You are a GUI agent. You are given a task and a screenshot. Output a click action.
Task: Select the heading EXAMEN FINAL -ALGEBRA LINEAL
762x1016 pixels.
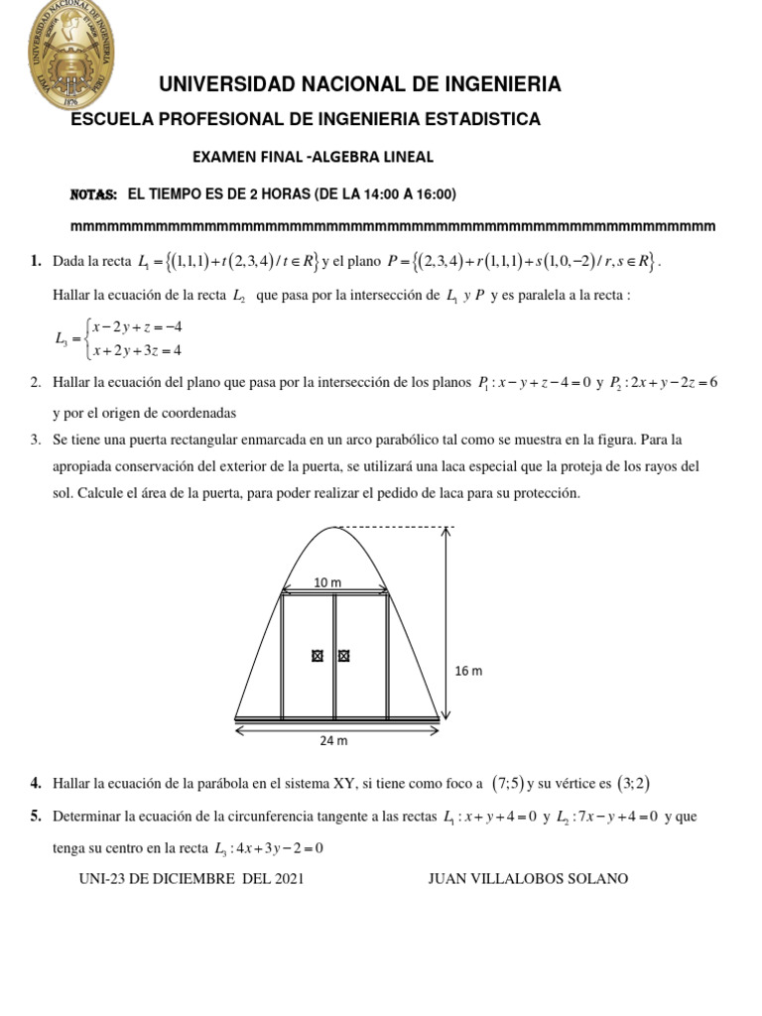tap(313, 157)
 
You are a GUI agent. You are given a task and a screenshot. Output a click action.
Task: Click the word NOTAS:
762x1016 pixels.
tap(94, 193)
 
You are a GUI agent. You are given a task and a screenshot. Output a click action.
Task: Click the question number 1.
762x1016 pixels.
tap(36, 261)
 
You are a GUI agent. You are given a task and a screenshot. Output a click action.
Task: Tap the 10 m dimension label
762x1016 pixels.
tap(327, 583)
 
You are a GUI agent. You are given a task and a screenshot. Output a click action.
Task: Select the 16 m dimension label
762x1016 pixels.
tap(468, 671)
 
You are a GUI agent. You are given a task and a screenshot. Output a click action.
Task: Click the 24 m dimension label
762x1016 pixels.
tap(335, 740)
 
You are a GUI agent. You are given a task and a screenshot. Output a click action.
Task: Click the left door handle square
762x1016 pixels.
tap(317, 655)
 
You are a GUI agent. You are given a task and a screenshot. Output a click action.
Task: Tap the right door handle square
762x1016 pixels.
tap(344, 655)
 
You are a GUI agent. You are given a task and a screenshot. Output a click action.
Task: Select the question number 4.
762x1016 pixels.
tap(36, 783)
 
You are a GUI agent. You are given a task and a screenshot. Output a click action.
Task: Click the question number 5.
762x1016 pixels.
tap(36, 817)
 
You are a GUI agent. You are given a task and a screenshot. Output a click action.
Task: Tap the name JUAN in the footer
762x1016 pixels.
tap(447, 879)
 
